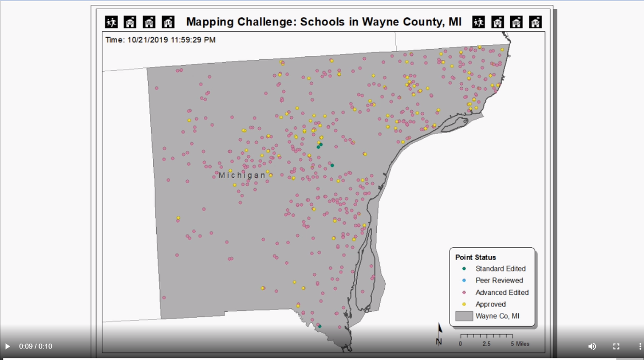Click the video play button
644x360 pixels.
tap(7, 346)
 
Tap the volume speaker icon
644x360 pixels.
tap(592, 346)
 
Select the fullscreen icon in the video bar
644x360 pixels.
tap(616, 346)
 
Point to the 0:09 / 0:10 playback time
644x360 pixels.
tap(36, 346)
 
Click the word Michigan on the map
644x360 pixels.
tap(242, 175)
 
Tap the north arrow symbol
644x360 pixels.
tap(439, 334)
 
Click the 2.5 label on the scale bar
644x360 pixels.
tap(486, 344)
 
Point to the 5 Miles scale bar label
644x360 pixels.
tap(520, 344)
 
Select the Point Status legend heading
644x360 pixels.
tap(475, 257)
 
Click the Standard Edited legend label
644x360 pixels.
tap(500, 269)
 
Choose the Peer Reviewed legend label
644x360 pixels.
tap(499, 280)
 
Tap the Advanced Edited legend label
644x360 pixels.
tap(502, 293)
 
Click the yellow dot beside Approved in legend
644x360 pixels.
tap(464, 304)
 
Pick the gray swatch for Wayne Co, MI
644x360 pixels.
tap(464, 316)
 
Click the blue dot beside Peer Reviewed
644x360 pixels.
tap(464, 280)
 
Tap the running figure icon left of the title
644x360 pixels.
tap(111, 22)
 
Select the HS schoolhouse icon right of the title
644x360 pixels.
tap(535, 22)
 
